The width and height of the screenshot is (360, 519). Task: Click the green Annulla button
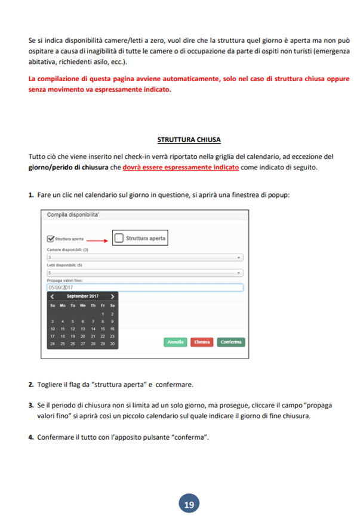click(175, 342)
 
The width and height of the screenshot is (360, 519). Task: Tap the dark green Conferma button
click(230, 342)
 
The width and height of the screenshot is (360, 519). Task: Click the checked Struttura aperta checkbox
click(50, 239)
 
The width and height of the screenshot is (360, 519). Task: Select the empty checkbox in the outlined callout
click(119, 238)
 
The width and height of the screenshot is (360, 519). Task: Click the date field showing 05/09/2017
click(144, 288)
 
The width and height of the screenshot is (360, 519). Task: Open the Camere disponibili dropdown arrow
click(239, 257)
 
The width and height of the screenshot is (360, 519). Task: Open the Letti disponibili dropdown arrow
click(239, 273)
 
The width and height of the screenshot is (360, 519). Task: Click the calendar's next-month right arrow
click(113, 296)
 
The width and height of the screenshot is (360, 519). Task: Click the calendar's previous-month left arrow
click(52, 296)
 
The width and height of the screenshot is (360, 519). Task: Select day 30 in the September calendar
click(112, 344)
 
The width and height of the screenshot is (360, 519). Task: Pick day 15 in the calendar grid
click(102, 329)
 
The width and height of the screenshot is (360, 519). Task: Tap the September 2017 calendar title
click(82, 296)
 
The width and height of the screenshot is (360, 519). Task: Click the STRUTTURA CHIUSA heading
click(189, 140)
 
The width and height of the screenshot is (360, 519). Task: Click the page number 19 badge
click(189, 504)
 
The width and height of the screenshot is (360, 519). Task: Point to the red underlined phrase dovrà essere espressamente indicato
click(181, 168)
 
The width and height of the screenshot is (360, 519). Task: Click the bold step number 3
click(30, 404)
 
